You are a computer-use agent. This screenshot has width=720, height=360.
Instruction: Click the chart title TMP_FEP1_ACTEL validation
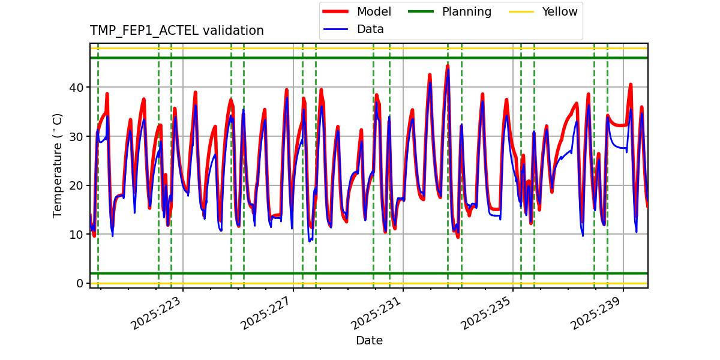click(x=176, y=31)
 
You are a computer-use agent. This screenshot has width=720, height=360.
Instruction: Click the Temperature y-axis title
click(x=58, y=165)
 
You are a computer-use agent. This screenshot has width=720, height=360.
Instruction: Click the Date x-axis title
click(x=369, y=341)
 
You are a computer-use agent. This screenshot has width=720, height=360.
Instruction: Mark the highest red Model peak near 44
click(x=448, y=66)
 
